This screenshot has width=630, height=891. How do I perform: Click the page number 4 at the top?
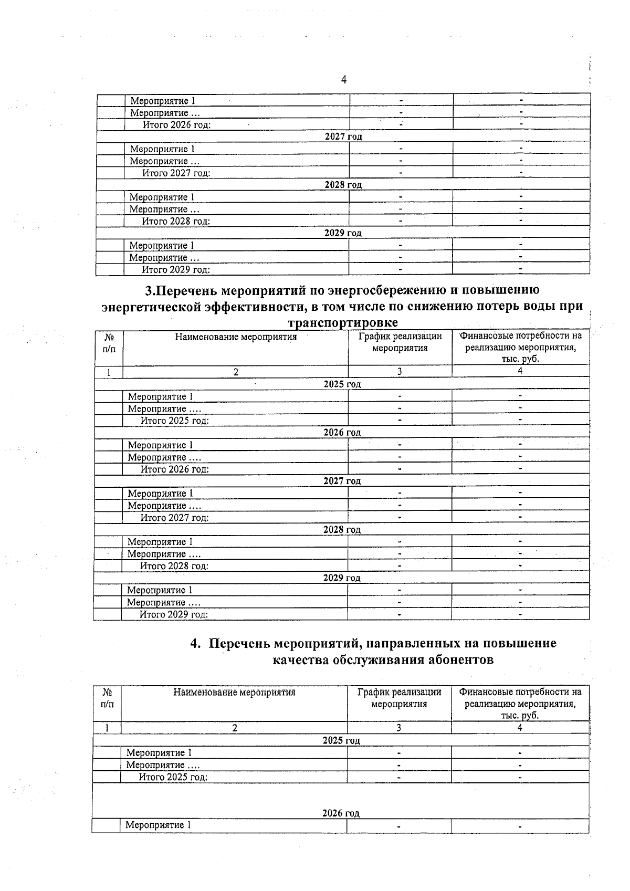[344, 80]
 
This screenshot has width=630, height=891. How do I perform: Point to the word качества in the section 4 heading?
[300, 660]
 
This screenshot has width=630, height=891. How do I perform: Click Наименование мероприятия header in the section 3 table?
[236, 337]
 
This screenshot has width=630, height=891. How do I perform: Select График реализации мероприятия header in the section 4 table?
[399, 698]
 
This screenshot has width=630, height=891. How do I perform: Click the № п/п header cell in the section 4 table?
[107, 698]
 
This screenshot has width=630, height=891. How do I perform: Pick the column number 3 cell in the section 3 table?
[400, 372]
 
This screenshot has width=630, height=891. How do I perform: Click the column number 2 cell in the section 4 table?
[235, 728]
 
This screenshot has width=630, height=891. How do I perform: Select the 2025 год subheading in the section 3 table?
[342, 384]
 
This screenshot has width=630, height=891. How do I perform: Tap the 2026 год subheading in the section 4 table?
[341, 813]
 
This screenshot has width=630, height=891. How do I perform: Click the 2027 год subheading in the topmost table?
[343, 137]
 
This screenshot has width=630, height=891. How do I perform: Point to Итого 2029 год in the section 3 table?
[174, 614]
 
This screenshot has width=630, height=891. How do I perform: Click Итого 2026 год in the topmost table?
[177, 124]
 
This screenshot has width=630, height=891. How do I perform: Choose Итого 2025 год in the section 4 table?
[173, 777]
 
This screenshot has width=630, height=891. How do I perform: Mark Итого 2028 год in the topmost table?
[176, 221]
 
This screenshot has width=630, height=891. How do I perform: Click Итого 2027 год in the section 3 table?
[174, 518]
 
